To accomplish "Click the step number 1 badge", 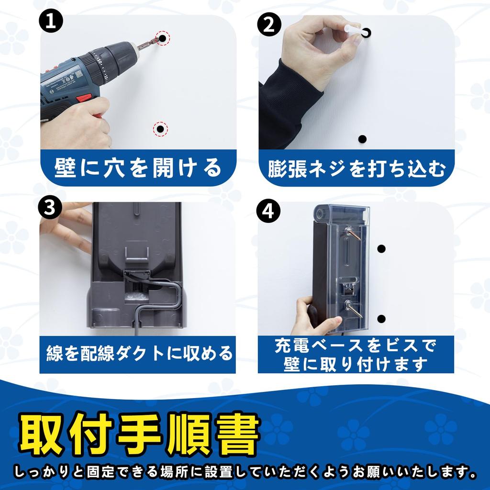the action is [51, 22].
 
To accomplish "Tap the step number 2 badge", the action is [269, 25].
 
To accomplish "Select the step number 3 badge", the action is [50, 207].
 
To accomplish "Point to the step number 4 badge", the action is [268, 212].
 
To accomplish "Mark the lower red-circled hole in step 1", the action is [161, 129].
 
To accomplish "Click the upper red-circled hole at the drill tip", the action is [163, 38].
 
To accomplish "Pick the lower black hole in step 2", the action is [362, 139].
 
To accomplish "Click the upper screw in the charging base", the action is [353, 234].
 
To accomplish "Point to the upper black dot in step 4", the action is [381, 249].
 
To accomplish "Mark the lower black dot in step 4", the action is [381, 319].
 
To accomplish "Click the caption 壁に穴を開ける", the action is [138, 168].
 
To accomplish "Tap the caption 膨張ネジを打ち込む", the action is [356, 169].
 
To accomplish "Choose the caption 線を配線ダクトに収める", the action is [139, 354].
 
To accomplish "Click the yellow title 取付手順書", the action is [139, 434].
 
